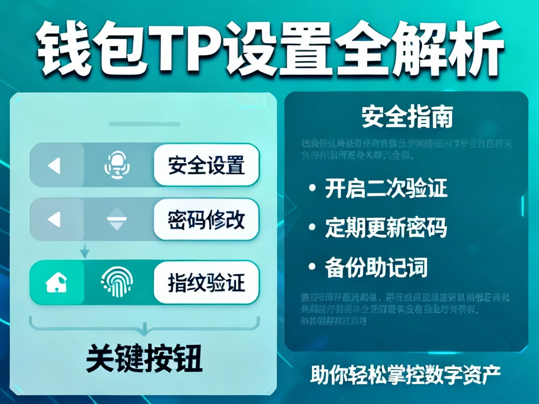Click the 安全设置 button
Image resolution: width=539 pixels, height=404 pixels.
[206, 166]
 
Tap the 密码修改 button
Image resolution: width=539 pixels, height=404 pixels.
[206, 219]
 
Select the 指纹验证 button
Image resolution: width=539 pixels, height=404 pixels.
[206, 282]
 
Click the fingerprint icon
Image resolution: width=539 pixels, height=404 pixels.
[117, 282]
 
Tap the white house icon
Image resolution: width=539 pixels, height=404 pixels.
[56, 282]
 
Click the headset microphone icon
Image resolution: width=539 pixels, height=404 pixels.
[117, 166]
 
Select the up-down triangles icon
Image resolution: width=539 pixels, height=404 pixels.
[117, 219]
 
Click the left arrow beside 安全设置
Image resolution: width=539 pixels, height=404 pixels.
[55, 166]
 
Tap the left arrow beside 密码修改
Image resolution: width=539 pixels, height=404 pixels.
[55, 219]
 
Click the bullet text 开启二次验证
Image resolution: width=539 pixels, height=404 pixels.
[386, 188]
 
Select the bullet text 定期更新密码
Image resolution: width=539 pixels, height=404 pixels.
[386, 228]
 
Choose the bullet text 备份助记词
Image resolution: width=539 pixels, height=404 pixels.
[376, 267]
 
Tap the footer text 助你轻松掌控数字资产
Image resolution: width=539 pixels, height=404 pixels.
[406, 374]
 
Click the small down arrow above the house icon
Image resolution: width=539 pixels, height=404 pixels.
[85, 252]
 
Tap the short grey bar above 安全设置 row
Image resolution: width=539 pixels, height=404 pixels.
[144, 124]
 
